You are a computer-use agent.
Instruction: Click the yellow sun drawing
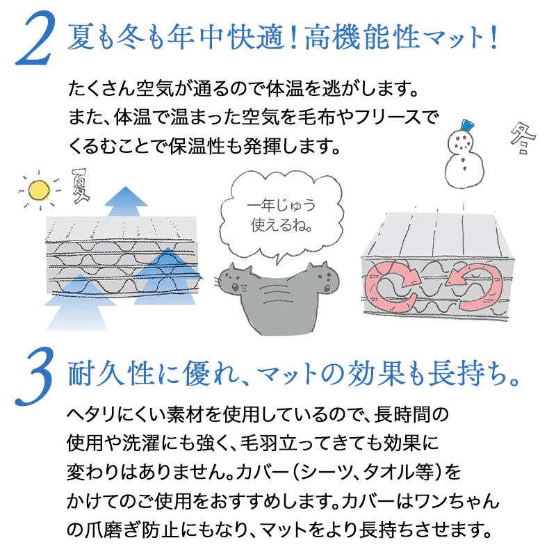(40, 189)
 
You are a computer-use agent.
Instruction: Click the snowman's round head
(460, 142)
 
